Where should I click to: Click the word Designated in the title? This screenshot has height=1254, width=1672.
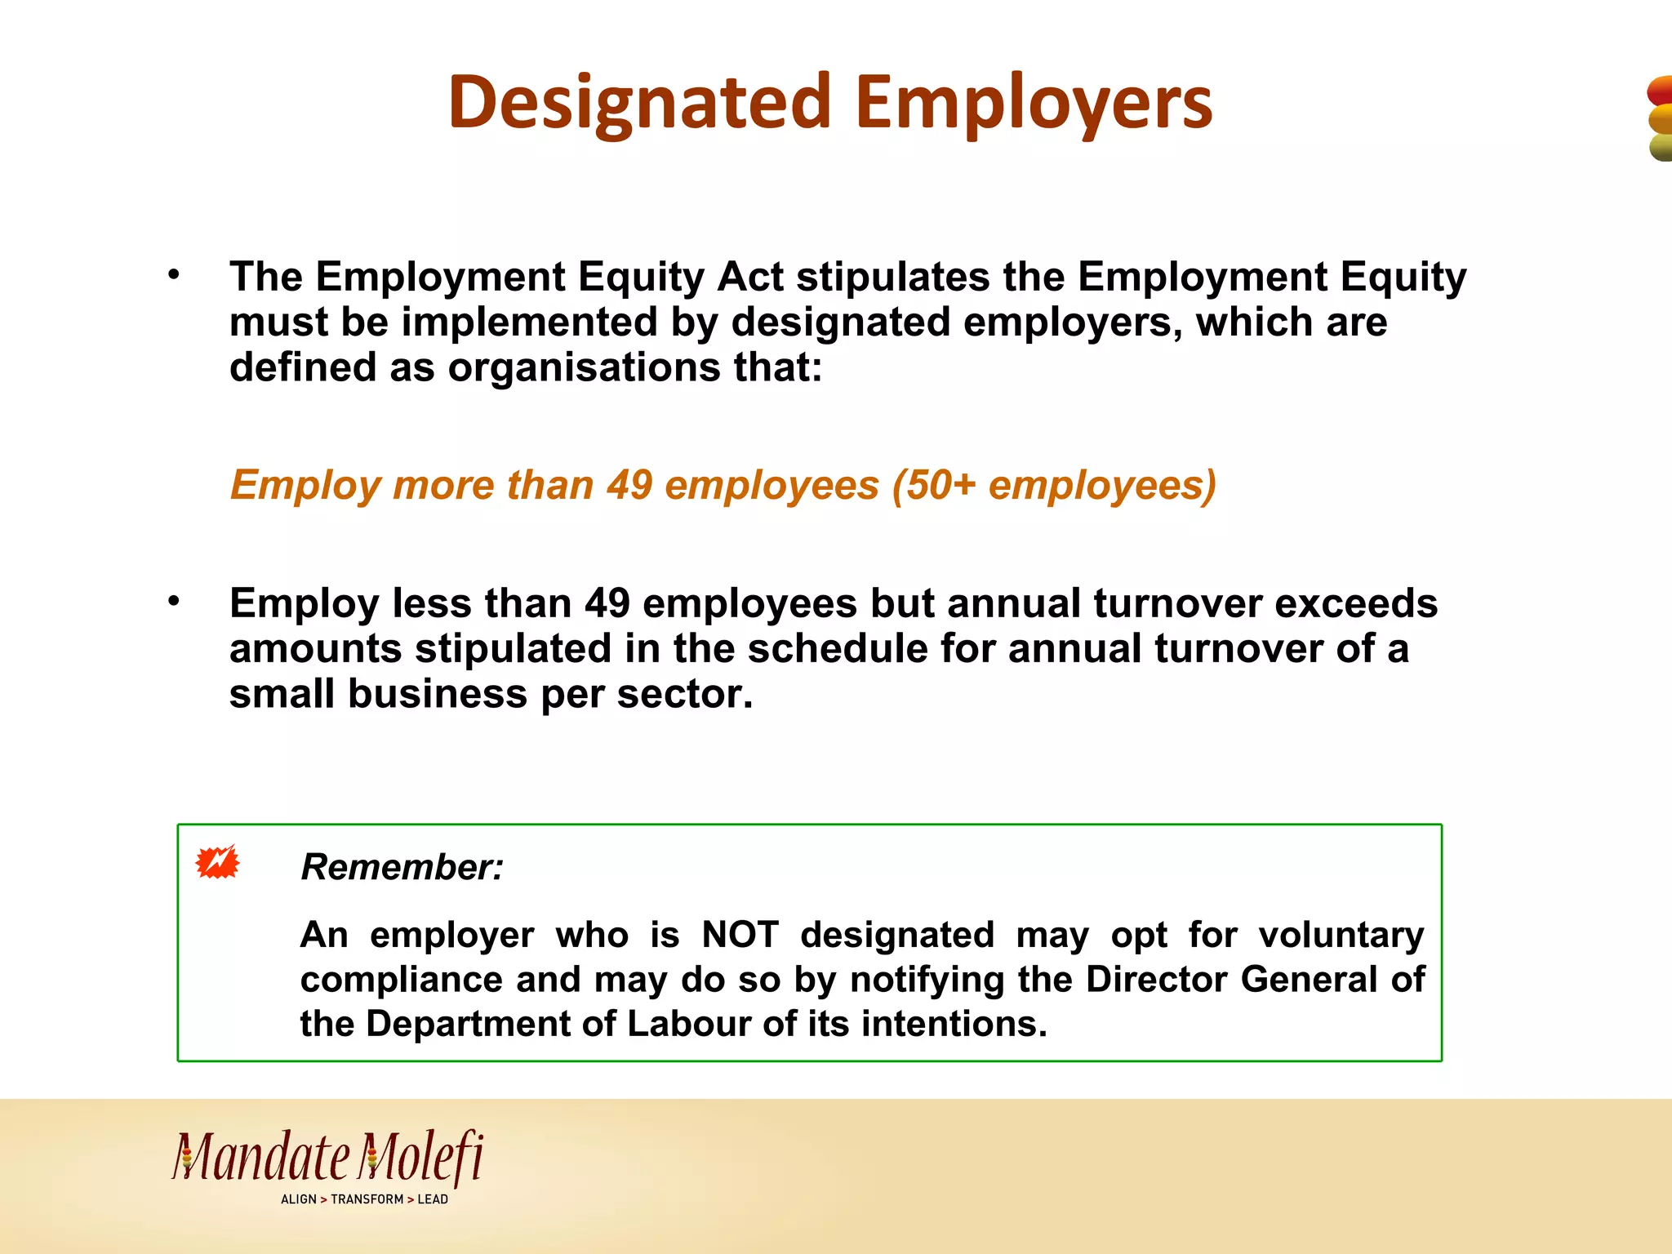click(639, 104)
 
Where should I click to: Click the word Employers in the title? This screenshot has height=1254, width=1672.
click(1034, 104)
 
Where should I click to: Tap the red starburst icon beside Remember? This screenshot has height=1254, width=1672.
click(217, 862)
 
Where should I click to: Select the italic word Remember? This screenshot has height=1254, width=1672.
click(402, 867)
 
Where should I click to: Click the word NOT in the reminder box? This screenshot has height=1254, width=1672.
click(740, 935)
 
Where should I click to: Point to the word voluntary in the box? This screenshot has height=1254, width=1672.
click(1341, 935)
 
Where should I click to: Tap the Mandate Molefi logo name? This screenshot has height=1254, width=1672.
click(327, 1158)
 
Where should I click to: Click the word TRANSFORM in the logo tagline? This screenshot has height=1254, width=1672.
click(367, 1199)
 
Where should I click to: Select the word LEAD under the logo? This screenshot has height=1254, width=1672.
click(433, 1199)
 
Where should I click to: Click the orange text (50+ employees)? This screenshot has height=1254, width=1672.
click(1054, 485)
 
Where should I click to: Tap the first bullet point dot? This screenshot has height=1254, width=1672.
click(173, 275)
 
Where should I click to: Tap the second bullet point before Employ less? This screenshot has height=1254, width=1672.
click(173, 602)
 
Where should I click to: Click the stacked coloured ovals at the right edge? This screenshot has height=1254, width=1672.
click(1660, 119)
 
